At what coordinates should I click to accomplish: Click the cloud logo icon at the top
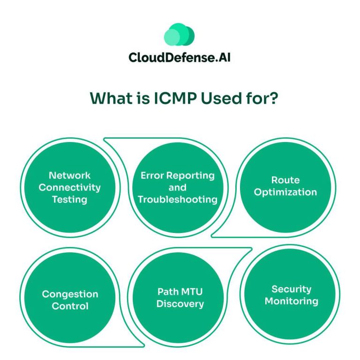(179, 36)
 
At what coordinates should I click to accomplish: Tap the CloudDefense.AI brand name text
(180, 57)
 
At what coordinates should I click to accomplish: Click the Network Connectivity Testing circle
(69, 187)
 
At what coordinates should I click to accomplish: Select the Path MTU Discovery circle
(180, 298)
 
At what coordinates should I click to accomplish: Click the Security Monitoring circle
(291, 295)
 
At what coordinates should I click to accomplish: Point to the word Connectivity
(69, 187)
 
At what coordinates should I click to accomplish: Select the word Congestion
(70, 294)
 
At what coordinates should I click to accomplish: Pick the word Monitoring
(291, 301)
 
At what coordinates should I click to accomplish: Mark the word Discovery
(180, 304)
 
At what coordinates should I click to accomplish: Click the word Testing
(69, 199)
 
